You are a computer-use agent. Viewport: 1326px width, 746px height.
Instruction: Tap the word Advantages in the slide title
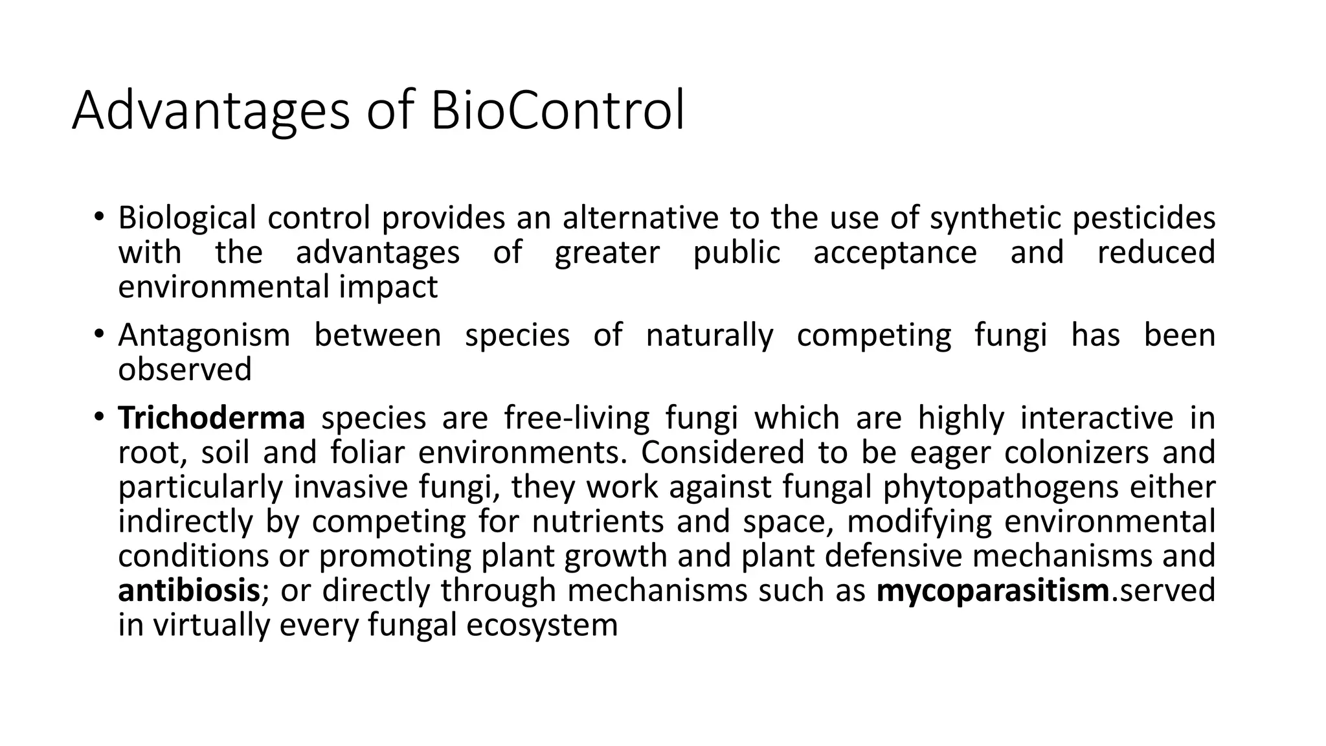pyautogui.click(x=211, y=111)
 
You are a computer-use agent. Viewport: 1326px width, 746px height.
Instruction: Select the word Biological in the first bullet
pyautogui.click(x=187, y=218)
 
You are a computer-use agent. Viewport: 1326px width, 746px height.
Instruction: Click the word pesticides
pyautogui.click(x=1144, y=218)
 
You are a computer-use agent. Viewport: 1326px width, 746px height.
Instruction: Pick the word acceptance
pyautogui.click(x=895, y=253)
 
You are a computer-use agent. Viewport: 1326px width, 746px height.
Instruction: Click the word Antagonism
pyautogui.click(x=204, y=335)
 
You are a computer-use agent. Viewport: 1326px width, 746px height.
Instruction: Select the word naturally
pyautogui.click(x=710, y=335)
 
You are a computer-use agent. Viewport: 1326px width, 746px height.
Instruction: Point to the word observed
pyautogui.click(x=185, y=370)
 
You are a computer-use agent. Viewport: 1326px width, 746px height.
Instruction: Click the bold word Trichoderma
pyautogui.click(x=211, y=418)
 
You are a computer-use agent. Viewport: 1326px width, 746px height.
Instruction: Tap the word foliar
pyautogui.click(x=367, y=453)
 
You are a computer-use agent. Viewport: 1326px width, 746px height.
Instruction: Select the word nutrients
pyautogui.click(x=598, y=521)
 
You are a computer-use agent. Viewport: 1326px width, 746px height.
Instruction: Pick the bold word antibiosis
pyautogui.click(x=189, y=591)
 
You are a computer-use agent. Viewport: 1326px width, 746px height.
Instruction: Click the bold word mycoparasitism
pyautogui.click(x=993, y=591)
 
